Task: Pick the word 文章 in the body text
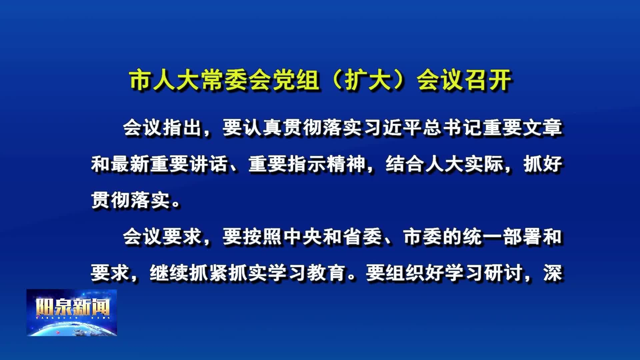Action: click(x=543, y=128)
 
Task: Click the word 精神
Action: click(x=347, y=164)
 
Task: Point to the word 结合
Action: click(x=405, y=164)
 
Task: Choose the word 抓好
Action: click(x=543, y=164)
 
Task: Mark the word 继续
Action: click(x=169, y=273)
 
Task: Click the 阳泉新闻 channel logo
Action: click(x=72, y=313)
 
